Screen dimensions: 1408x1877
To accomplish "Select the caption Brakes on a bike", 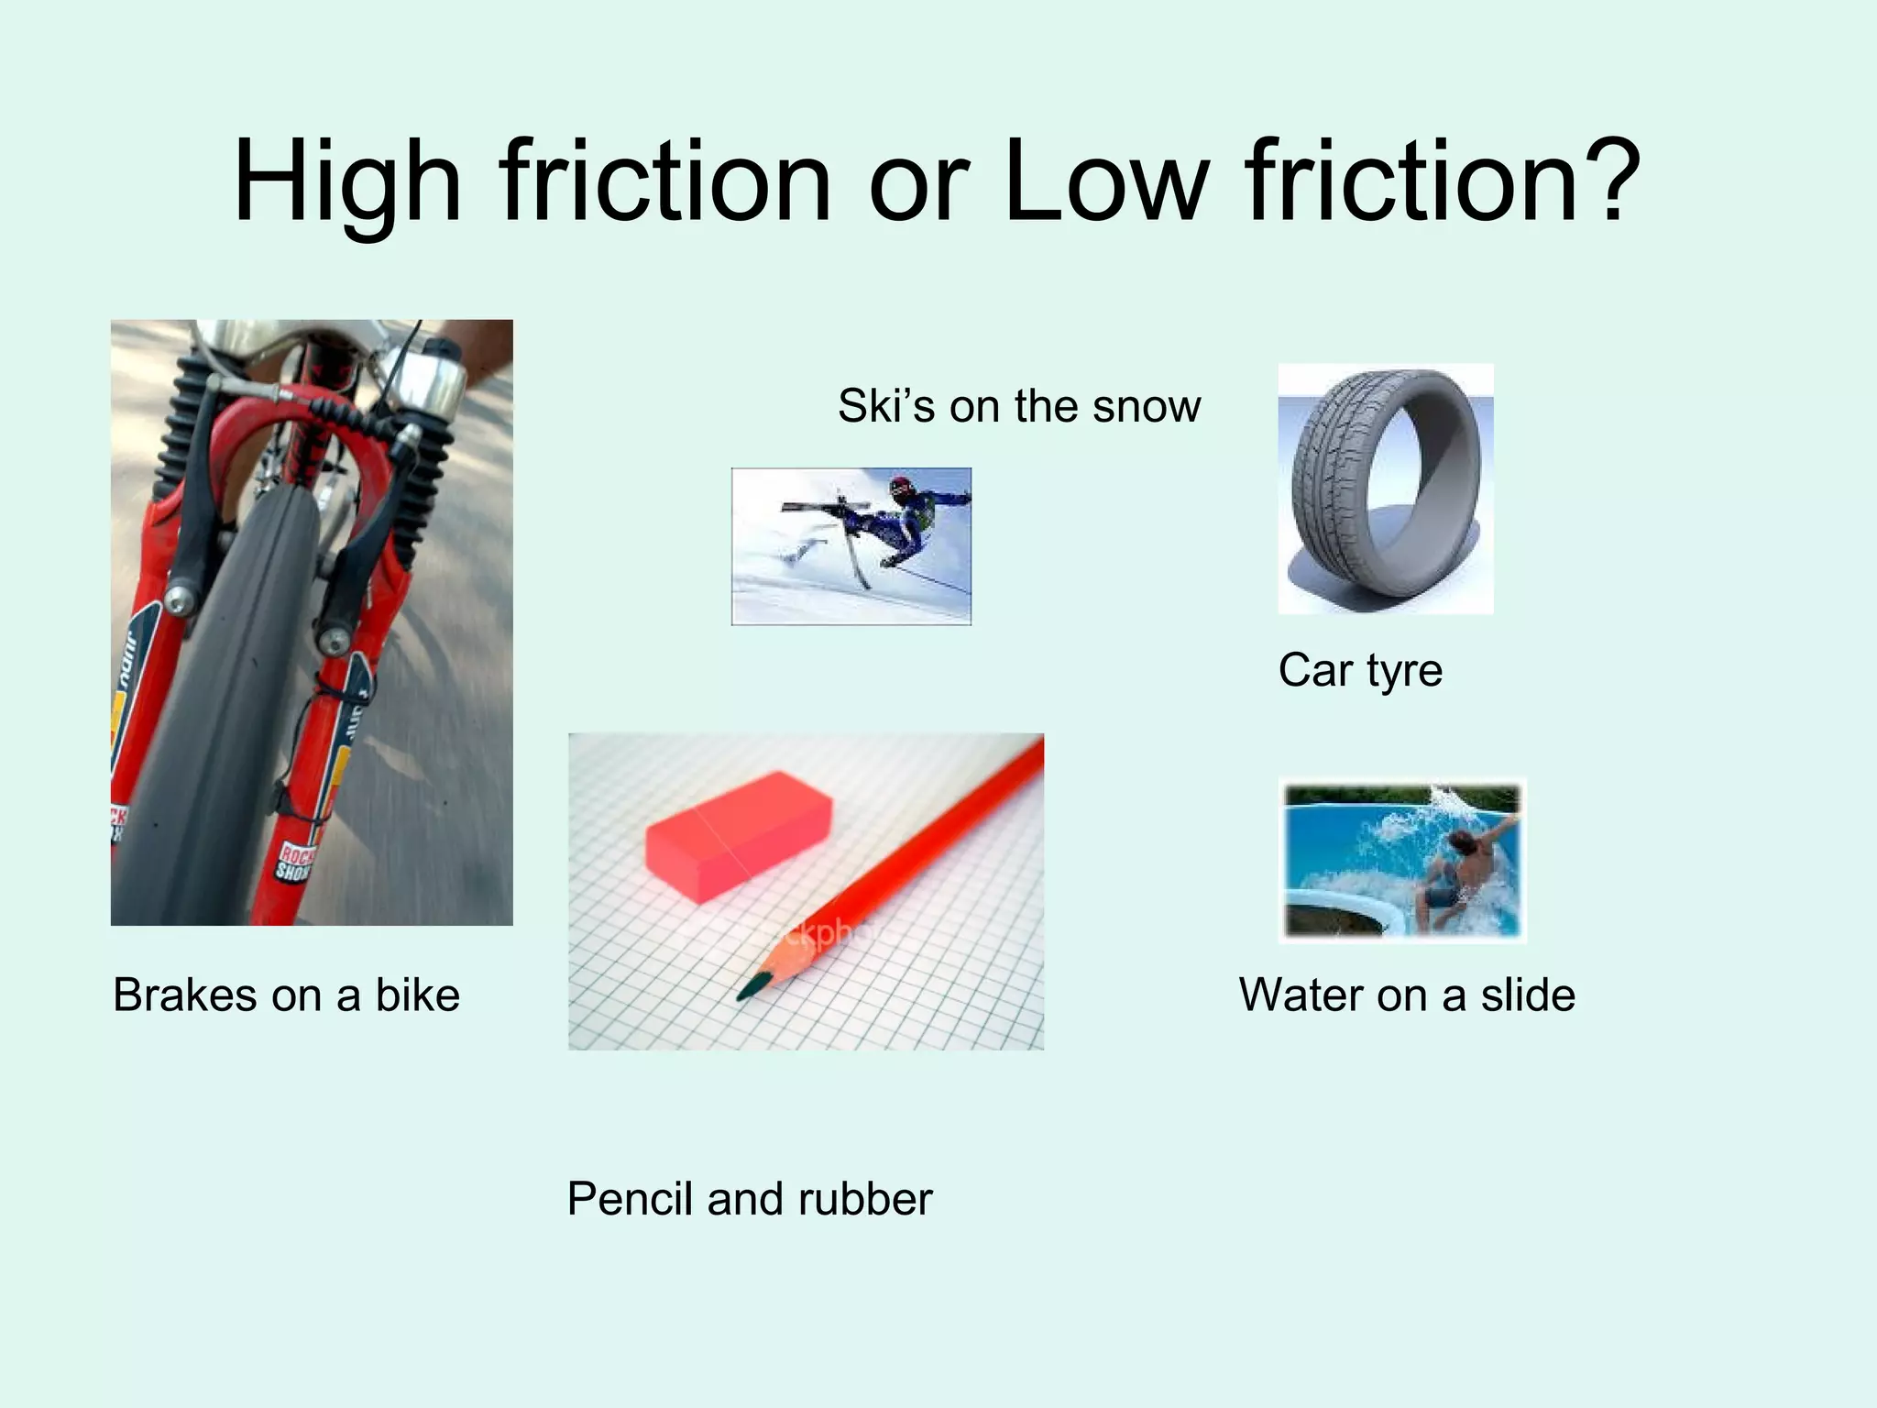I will (286, 995).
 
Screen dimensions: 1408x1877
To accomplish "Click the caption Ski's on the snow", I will (1018, 406).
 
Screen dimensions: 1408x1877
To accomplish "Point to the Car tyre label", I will (1360, 670).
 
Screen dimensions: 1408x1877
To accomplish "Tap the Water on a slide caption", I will (1407, 995).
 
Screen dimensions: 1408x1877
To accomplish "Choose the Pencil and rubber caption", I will (750, 1199).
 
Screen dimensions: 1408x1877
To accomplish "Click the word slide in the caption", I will (1528, 995).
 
